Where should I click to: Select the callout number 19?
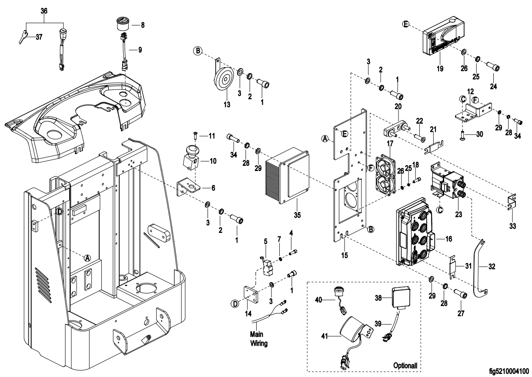(443, 68)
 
